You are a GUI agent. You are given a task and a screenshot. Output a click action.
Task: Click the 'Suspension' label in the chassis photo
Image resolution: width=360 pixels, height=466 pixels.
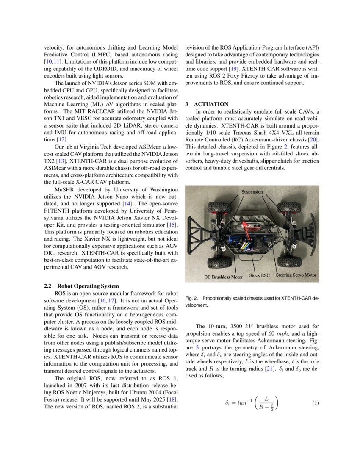(x=252, y=192)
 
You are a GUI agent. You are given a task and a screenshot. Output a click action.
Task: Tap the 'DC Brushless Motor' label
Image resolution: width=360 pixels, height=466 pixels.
(x=223, y=276)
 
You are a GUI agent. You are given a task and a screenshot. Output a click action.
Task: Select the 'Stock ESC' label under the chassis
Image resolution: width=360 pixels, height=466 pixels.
(x=259, y=275)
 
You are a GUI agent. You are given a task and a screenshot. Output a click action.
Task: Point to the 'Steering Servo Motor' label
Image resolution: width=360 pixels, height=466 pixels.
(x=296, y=275)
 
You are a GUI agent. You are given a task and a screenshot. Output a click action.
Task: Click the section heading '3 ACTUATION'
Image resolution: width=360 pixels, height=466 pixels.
(x=207, y=104)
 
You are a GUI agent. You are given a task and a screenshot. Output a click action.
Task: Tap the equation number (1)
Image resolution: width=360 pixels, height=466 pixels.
(x=315, y=403)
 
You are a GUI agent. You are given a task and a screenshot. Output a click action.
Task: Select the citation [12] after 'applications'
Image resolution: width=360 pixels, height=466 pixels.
(x=62, y=139)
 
